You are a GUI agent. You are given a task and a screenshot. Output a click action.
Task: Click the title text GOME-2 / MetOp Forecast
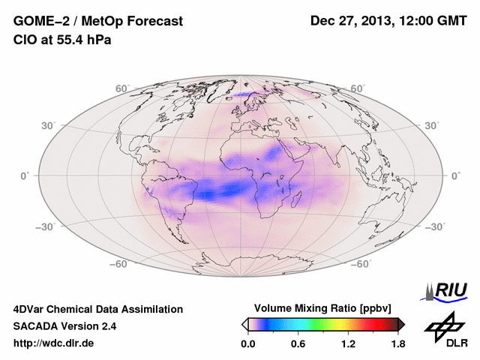97,22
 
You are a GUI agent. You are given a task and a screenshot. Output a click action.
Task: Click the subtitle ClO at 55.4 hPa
62,40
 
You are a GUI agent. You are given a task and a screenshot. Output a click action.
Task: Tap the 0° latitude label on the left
25,175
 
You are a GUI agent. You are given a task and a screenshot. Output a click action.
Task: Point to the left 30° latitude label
49,125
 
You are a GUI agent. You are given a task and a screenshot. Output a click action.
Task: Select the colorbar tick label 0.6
298,344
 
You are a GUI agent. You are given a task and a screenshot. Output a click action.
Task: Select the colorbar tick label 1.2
348,344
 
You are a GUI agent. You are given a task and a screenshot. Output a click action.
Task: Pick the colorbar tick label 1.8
398,344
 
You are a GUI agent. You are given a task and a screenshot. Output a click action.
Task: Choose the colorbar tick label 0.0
247,344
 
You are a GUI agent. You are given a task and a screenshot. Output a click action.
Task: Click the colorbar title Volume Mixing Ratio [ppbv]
322,308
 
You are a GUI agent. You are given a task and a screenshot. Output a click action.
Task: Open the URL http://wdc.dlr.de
54,343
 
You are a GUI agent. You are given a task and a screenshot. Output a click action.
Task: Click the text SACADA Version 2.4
64,326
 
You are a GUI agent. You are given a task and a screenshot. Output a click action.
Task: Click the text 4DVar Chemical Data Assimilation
97,309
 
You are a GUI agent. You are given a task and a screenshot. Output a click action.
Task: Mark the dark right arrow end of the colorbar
401,323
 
